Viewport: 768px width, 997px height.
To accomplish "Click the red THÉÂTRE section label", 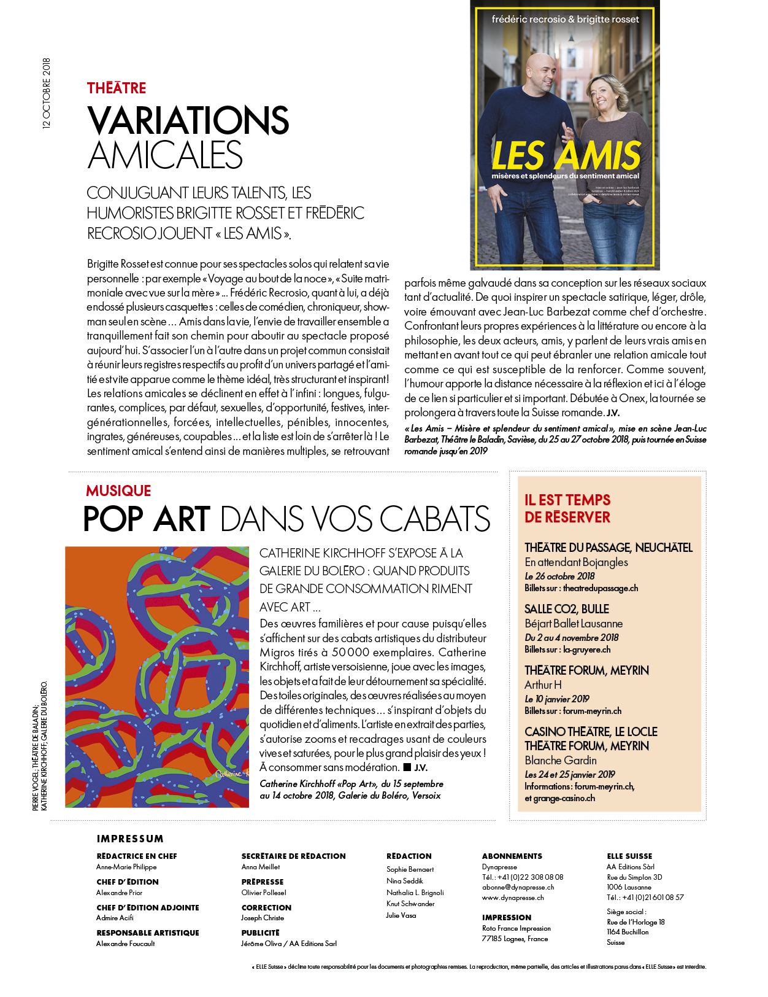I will [x=117, y=88].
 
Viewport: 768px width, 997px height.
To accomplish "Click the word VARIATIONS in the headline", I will [x=188, y=120].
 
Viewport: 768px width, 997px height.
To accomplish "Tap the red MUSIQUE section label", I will [x=118, y=491].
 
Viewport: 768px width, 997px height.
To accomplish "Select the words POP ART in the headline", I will [x=147, y=519].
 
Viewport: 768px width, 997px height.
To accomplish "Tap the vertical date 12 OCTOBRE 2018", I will [x=47, y=93].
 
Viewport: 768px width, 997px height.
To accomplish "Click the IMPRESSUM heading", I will [x=130, y=839].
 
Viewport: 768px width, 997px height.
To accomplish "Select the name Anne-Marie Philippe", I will [x=126, y=867].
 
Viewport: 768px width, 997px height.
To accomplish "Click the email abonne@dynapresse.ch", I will [x=518, y=887].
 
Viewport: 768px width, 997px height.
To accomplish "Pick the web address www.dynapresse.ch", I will [x=513, y=898].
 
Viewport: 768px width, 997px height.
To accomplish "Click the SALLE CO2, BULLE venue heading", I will [x=566, y=609].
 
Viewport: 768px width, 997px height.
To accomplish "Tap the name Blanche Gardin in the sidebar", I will [x=560, y=760].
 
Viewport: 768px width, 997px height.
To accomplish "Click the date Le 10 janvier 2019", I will [x=556, y=699].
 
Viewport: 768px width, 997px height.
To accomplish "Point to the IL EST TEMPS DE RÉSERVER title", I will [x=567, y=508].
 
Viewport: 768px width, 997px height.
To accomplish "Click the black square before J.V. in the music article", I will [x=407, y=767].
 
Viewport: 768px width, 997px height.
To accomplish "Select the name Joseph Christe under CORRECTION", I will [x=263, y=918].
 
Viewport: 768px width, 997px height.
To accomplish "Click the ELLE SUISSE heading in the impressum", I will [x=629, y=856].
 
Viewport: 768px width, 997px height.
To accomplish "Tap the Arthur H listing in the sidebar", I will [x=543, y=685].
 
